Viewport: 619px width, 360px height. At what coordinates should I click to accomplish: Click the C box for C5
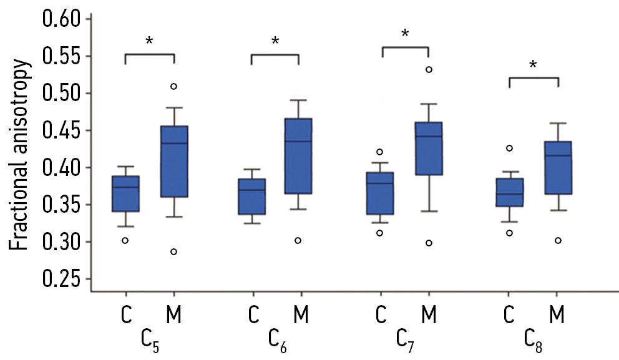(x=125, y=194)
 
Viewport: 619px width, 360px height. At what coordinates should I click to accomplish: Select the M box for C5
(x=174, y=162)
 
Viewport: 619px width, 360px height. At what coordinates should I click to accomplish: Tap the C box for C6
(x=252, y=197)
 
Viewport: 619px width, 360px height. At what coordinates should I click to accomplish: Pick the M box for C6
(x=298, y=156)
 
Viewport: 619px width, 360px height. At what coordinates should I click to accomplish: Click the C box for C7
(x=380, y=193)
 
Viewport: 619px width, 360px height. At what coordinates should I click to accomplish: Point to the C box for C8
(x=509, y=192)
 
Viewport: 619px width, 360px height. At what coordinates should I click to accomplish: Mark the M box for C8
(x=557, y=168)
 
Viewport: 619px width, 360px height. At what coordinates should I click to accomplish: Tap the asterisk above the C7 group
(x=405, y=33)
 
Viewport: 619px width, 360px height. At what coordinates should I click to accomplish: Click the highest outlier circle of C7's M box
(x=429, y=69)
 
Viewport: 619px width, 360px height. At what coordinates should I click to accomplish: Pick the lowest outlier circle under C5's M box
(x=174, y=251)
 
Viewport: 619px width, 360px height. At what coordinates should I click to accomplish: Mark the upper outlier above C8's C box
(x=509, y=148)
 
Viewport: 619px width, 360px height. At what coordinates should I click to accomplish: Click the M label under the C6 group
(x=301, y=315)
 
